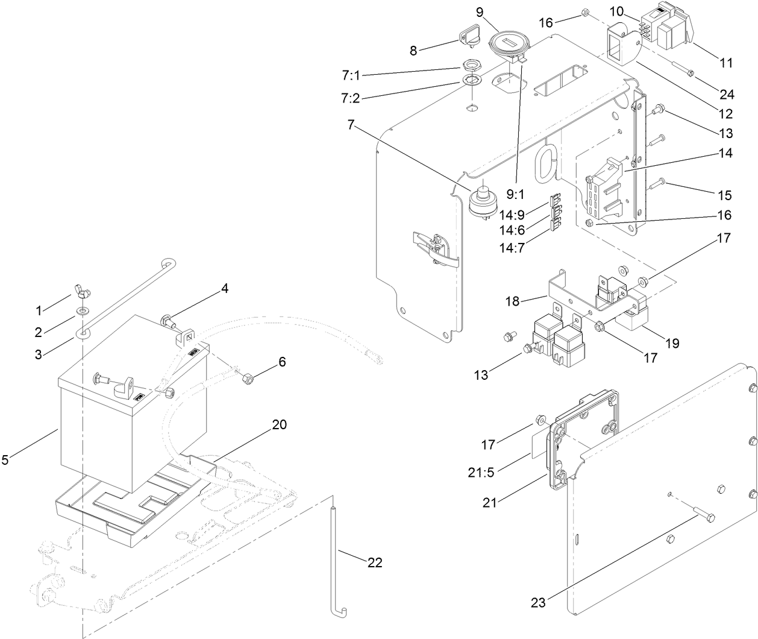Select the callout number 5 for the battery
pos(5,460)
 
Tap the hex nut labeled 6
pos(246,380)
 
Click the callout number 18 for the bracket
pos(512,301)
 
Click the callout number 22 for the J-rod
pos(375,562)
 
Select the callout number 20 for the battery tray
pos(278,424)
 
